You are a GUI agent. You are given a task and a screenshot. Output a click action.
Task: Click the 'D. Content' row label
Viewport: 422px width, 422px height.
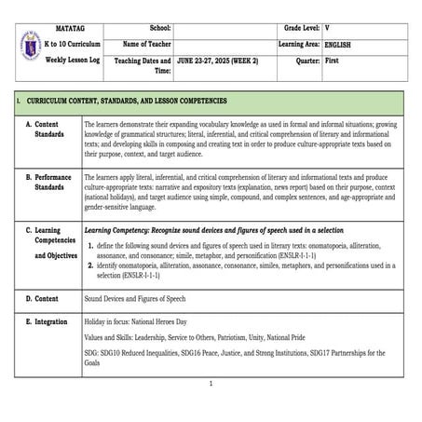tap(41, 299)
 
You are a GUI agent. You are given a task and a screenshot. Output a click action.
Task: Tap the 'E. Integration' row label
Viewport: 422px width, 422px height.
tap(46, 320)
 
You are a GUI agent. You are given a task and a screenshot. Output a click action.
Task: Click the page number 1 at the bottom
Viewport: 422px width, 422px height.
tap(211, 384)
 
